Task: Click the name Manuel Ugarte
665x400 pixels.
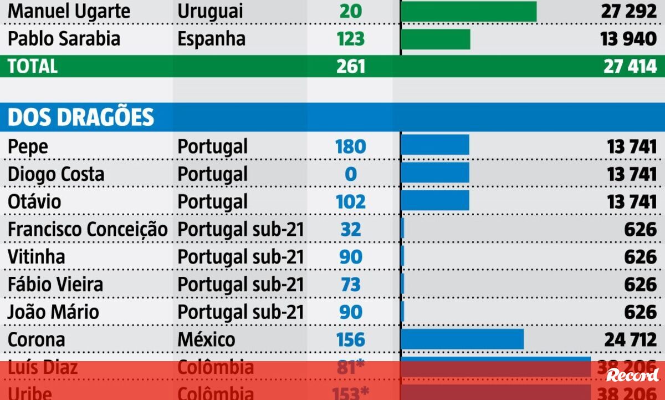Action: (x=69, y=12)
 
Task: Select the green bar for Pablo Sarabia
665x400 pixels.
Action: (x=435, y=39)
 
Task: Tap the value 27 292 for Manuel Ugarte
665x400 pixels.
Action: (x=628, y=12)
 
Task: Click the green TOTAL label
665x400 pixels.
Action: (x=33, y=66)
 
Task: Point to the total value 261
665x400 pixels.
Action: (x=350, y=66)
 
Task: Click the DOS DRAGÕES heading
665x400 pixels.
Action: (x=81, y=118)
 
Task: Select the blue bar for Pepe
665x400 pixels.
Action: (x=435, y=145)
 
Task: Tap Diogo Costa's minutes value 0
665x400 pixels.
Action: (x=350, y=174)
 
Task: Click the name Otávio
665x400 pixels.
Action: (x=34, y=201)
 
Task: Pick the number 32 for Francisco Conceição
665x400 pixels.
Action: (x=350, y=229)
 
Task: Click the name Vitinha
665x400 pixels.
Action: (x=37, y=257)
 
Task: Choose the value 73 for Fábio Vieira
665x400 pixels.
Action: (x=350, y=285)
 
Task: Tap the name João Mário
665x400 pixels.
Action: (x=53, y=312)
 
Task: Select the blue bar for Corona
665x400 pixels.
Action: (x=462, y=339)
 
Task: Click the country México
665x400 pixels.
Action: (x=206, y=340)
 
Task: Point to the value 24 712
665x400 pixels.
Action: (x=631, y=340)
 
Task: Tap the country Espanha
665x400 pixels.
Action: (x=211, y=39)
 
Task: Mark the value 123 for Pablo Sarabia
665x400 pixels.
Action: (x=350, y=39)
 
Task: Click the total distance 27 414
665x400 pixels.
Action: (x=630, y=66)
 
